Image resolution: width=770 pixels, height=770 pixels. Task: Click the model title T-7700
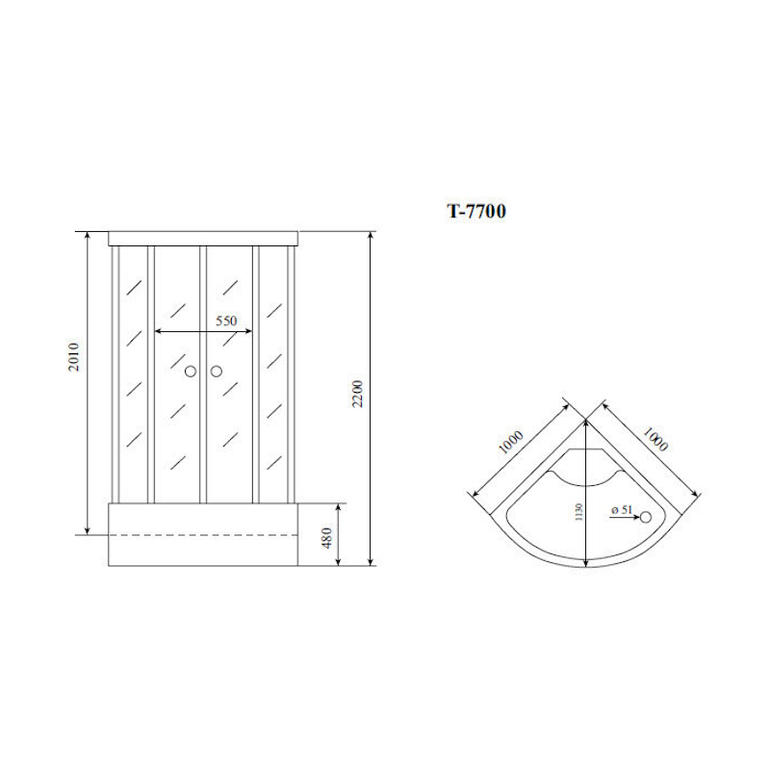(475, 211)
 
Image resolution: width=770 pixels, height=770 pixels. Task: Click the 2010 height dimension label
(74, 357)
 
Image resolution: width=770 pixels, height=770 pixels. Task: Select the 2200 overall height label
(357, 394)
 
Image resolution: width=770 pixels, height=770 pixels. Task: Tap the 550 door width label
(226, 321)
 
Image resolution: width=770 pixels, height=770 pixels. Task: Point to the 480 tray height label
(328, 538)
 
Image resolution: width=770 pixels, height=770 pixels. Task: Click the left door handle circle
(191, 372)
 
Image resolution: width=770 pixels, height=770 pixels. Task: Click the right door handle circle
(217, 372)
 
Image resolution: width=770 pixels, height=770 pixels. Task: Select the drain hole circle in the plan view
(646, 517)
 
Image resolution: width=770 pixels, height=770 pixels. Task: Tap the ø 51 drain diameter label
(622, 510)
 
